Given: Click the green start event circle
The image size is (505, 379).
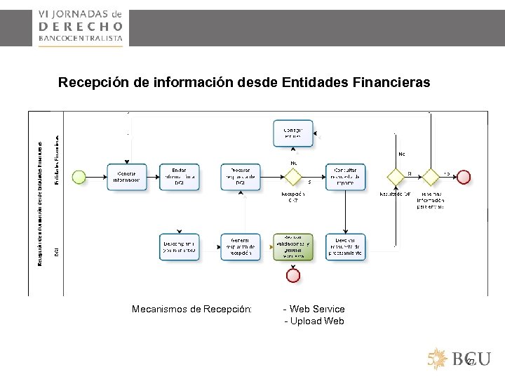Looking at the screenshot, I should coord(79,176).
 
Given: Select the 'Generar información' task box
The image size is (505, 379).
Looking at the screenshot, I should coord(127,176).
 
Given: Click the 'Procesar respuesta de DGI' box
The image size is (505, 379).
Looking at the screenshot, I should coord(241,176).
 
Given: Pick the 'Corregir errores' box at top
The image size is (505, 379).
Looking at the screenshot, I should coord(292,133).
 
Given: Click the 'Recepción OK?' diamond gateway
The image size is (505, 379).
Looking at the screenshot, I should coord(293,176).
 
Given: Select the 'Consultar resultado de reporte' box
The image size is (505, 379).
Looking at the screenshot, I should coord(345,176).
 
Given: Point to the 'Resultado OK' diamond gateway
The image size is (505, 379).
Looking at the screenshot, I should coord(395,176).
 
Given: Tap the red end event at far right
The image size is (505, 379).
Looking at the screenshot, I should coord(464,176).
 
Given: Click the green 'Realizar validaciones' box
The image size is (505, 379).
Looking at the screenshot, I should coord(293,246).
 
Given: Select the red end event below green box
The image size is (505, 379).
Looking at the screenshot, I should coord(293,275).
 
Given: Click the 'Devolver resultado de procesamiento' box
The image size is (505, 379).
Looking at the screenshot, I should coord(345,246).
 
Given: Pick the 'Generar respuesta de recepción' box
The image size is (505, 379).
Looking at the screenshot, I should coord(241,246).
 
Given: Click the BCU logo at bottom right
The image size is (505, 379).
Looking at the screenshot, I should coord(459,359).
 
